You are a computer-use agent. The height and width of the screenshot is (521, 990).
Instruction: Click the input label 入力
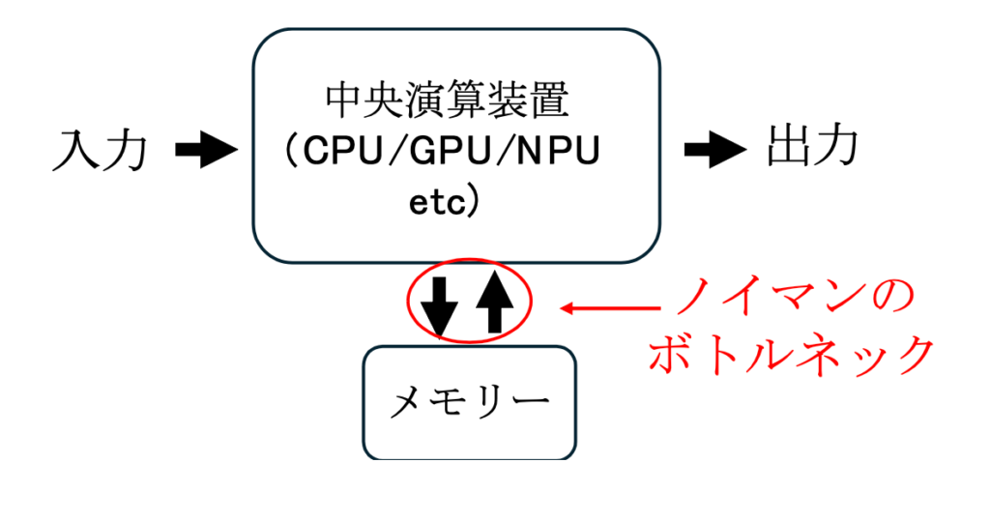pyautogui.click(x=101, y=151)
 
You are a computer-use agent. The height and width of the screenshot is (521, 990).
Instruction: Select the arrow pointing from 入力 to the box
pyautogui.click(x=207, y=150)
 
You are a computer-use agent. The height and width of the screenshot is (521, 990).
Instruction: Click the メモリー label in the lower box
pyautogui.click(x=469, y=401)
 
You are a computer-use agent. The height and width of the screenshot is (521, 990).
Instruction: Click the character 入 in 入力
pyautogui.click(x=74, y=151)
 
